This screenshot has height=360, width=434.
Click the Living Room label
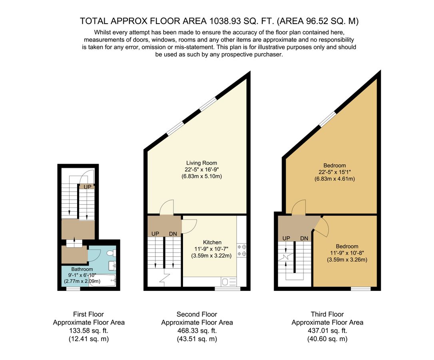click(201, 163)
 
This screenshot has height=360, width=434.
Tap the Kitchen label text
click(212, 242)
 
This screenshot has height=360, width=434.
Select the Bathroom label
click(82, 269)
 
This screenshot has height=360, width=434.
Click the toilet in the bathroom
click(113, 253)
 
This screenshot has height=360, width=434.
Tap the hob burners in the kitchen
click(241, 250)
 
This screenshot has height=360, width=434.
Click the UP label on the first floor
click(87, 186)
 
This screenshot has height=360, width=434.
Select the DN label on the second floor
click(173, 234)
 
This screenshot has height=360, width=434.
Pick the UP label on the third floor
click(286, 238)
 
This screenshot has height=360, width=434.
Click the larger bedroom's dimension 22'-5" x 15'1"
click(334, 172)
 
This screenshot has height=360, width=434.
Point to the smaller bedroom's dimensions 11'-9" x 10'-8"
click(346, 253)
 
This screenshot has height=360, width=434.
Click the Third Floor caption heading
click(327, 314)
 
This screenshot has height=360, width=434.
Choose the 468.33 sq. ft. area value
click(197, 331)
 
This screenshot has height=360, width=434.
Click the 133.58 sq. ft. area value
click(89, 331)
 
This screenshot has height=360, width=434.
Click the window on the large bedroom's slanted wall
click(328, 119)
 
